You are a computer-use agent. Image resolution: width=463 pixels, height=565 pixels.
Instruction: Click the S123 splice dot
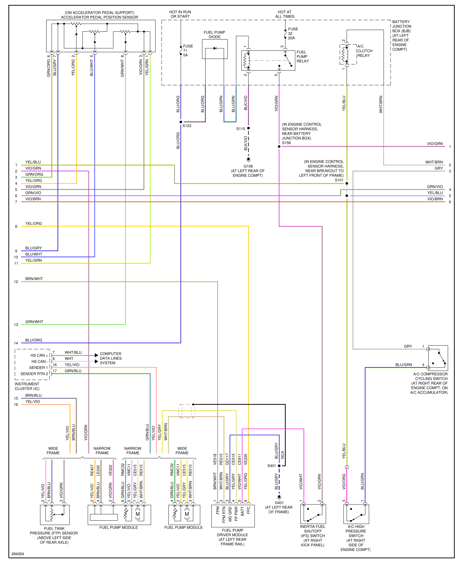[x=181, y=122]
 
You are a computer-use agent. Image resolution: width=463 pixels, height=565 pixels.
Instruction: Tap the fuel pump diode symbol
[x=215, y=48]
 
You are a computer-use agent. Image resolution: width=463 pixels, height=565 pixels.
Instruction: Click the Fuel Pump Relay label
[x=303, y=57]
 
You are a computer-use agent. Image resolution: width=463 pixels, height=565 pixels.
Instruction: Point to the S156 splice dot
[x=279, y=147]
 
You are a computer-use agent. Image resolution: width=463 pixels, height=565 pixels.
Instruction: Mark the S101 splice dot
[x=347, y=183]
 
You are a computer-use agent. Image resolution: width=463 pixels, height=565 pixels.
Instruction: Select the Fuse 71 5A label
[x=188, y=51]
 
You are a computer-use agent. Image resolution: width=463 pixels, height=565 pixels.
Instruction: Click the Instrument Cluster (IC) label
[x=27, y=386]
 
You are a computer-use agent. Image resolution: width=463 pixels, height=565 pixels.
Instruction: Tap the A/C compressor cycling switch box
[x=438, y=358]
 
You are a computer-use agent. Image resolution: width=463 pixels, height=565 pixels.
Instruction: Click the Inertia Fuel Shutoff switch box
[x=313, y=514]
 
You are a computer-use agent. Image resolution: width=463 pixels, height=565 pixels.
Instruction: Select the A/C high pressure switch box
[x=356, y=514]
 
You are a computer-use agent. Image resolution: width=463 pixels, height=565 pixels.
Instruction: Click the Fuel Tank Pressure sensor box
[x=54, y=515]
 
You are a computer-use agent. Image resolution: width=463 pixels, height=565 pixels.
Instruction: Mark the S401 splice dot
[x=279, y=466]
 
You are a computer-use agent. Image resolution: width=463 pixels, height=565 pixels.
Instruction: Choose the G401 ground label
[x=279, y=503]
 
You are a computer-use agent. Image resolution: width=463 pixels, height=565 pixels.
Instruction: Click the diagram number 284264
[x=18, y=554]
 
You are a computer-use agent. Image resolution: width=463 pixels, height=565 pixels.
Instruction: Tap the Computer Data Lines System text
[x=110, y=358]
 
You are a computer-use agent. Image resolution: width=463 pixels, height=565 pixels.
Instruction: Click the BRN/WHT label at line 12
[x=34, y=279]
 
